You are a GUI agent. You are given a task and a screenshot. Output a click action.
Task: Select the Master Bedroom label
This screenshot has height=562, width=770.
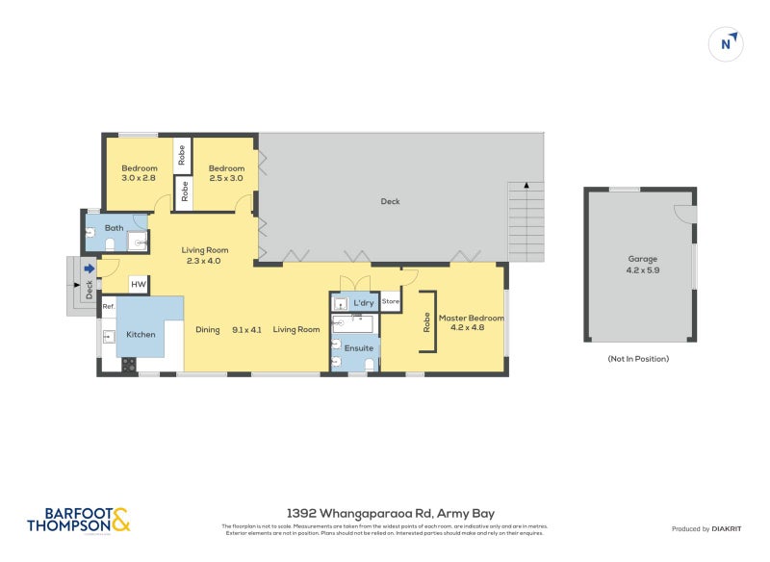(x=471, y=321)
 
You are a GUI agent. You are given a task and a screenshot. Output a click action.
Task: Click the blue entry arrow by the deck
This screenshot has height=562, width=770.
(x=89, y=269)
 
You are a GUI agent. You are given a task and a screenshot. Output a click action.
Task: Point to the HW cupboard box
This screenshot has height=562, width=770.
(x=139, y=285)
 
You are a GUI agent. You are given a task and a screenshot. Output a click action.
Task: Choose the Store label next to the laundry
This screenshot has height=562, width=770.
(x=391, y=302)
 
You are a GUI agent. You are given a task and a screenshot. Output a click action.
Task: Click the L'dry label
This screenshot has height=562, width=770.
(x=363, y=302)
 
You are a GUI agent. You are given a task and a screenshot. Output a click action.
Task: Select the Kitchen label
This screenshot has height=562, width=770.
(x=141, y=335)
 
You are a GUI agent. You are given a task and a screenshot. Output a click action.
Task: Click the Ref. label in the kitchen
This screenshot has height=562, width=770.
(x=109, y=306)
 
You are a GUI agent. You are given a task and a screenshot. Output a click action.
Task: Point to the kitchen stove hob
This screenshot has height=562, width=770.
(x=128, y=364)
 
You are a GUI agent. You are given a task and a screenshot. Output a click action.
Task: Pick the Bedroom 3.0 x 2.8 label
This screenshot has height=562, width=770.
(x=140, y=172)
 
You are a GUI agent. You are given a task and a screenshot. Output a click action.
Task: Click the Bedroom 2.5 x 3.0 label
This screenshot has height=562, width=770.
(x=226, y=172)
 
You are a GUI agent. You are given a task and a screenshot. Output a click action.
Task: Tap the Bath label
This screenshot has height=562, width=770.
(x=114, y=228)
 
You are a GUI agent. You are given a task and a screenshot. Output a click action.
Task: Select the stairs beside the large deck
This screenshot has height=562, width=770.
(x=526, y=221)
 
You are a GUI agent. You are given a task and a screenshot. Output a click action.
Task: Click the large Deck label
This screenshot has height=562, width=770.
(x=390, y=201)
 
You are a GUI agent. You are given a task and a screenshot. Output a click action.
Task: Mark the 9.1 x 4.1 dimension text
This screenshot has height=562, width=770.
(x=247, y=329)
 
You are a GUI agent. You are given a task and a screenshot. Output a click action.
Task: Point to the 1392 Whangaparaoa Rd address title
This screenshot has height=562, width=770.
(x=391, y=514)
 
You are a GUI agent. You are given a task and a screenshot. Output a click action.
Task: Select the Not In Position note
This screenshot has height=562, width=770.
(x=639, y=358)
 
